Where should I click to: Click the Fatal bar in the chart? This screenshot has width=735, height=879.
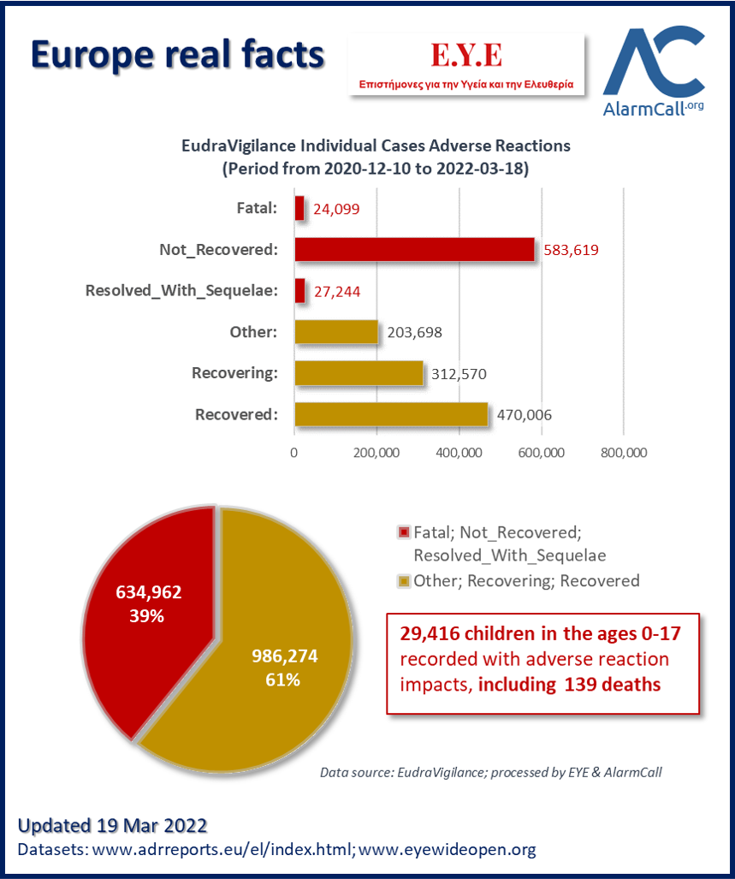pos(299,209)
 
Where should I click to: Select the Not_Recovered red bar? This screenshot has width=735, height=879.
pos(414,249)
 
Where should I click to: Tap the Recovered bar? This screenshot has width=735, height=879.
pos(392,414)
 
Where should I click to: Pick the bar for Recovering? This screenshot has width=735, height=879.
pos(359,373)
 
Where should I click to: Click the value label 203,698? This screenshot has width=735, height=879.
pos(414,332)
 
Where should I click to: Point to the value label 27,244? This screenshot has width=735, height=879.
pos(337,292)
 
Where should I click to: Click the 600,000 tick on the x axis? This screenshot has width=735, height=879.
pos(541,453)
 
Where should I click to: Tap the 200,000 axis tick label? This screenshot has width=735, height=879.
pos(376,453)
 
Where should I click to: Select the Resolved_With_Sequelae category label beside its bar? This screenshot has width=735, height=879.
pos(181,291)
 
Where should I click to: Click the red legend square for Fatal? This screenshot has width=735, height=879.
pos(403,532)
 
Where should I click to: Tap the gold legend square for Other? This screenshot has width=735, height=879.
pos(403,581)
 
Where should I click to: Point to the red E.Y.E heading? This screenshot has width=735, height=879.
pos(466,55)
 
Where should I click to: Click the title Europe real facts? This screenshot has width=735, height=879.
pos(178,55)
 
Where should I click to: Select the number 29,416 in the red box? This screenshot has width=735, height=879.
pos(430,634)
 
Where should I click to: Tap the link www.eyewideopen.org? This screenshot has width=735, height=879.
pos(447,849)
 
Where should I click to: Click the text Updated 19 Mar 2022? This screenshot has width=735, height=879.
pos(113,825)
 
